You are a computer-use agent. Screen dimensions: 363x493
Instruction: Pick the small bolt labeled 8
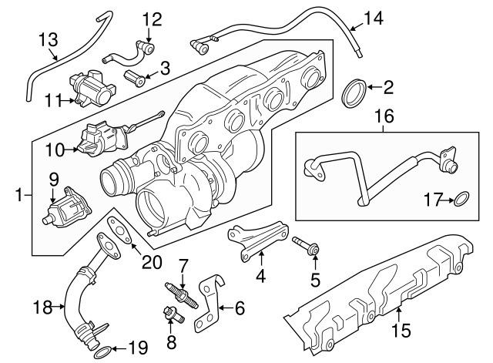coord(170,314)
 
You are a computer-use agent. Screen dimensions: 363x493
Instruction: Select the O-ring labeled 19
coord(102,352)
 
